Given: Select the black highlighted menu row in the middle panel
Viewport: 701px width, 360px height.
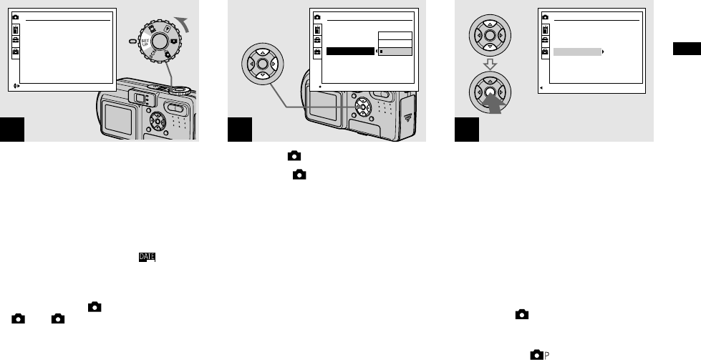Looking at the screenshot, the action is [x=350, y=52].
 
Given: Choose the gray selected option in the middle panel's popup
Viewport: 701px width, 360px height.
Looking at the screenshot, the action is [x=395, y=52].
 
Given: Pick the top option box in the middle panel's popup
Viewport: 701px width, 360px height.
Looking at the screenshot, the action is [x=395, y=36].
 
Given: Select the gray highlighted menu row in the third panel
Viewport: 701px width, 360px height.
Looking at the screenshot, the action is [x=576, y=52].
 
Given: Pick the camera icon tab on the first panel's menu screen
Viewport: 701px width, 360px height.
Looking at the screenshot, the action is [x=16, y=17].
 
